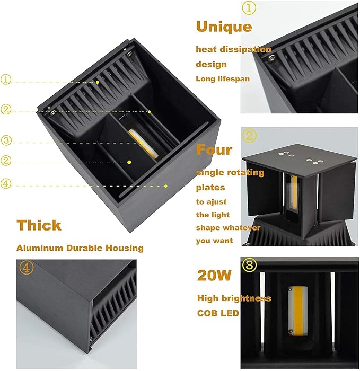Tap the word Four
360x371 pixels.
coord(214,149)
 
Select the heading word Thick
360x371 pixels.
coord(39,225)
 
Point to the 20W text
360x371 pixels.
coord(215,276)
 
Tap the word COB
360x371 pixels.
coord(206,313)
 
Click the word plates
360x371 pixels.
coord(210,188)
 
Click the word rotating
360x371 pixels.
coord(245,173)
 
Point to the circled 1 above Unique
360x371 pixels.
coord(249,8)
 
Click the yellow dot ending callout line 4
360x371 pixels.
coord(166,185)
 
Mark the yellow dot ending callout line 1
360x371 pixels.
coord(98,82)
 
